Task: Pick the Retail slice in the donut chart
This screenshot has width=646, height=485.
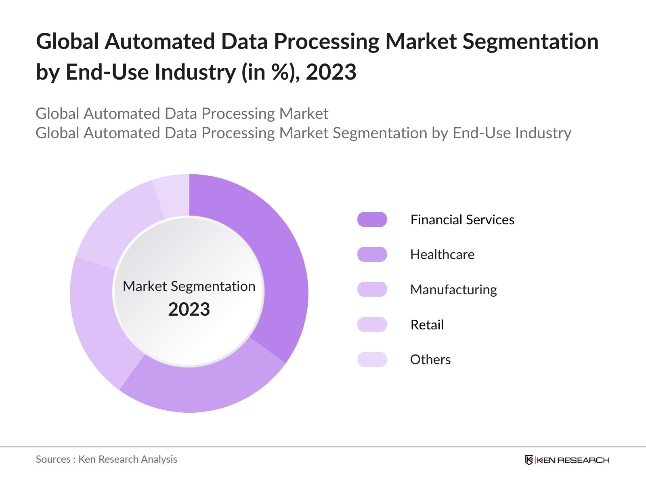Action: [117, 226]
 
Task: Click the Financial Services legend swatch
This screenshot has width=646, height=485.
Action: [372, 219]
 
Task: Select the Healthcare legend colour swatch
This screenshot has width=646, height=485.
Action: [372, 255]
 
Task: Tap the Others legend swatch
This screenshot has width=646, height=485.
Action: [372, 359]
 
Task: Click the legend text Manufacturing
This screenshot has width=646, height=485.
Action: [453, 290]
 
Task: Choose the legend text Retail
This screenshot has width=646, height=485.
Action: [427, 325]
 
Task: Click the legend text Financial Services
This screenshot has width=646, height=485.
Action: [462, 219]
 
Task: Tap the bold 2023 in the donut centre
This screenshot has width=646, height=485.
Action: [189, 310]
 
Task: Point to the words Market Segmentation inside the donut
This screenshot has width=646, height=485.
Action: [189, 286]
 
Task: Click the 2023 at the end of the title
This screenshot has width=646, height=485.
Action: [331, 72]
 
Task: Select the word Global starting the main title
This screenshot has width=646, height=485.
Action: [67, 42]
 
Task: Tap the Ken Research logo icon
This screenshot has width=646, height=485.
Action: [529, 460]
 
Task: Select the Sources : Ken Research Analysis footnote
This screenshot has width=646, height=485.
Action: [106, 459]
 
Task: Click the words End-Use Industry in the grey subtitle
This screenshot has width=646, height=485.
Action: [512, 133]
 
